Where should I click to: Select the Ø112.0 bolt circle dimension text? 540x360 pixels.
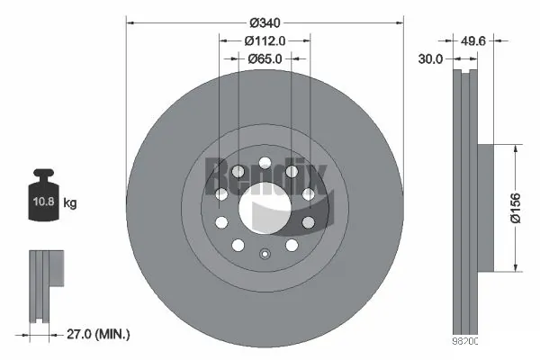(265, 40)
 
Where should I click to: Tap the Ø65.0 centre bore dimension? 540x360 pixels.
(265, 58)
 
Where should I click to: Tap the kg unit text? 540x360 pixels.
(70, 203)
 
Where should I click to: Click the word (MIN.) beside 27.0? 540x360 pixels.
(114, 334)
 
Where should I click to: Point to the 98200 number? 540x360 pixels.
(465, 344)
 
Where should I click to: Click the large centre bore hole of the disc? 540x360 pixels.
(265, 206)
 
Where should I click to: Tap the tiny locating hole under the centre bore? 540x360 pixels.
(265, 253)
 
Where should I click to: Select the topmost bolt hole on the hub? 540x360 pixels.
(265, 164)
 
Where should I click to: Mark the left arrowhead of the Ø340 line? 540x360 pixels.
(130, 20)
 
